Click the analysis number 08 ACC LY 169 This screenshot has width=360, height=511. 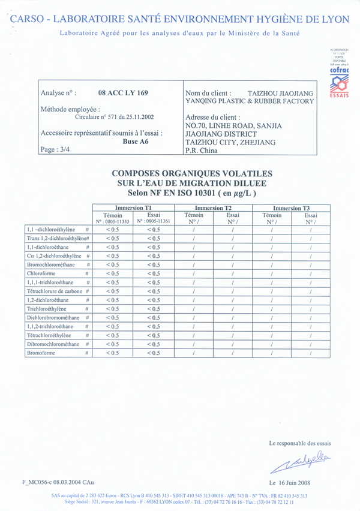[122, 93]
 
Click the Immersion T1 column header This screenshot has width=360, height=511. [133, 208]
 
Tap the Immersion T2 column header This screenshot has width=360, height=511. [213, 208]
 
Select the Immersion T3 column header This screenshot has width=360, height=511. [292, 208]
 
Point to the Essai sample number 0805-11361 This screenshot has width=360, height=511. [154, 221]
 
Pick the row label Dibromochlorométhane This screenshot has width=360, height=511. [53, 344]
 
